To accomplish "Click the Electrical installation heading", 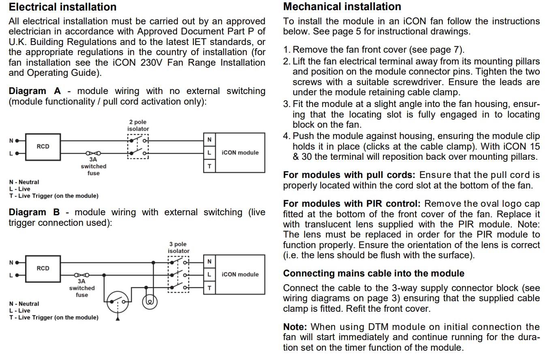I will coord(62,7).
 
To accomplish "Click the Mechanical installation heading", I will coord(342,7).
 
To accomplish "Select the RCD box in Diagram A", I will coord(43,146).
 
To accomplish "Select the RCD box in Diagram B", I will coord(43,268).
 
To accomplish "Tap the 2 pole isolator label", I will coord(138,125).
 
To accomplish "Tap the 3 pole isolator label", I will coord(178,247).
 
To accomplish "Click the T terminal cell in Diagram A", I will coord(209,166).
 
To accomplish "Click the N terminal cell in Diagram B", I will coord(209,261).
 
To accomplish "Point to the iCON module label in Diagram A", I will coord(240,153).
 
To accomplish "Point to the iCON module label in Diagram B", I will coord(240,274).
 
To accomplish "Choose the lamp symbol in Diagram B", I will coord(150,302).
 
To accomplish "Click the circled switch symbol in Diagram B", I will coord(117,302).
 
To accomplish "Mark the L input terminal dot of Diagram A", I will coord(17,153).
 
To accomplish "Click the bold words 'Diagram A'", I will coord(34,91).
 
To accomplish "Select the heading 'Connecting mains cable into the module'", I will coord(374,274).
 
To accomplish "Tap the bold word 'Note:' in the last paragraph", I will coord(295,327).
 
